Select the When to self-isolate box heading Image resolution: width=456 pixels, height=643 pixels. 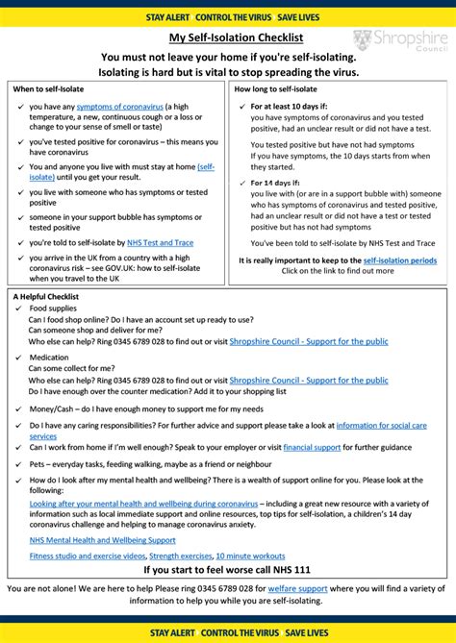48,88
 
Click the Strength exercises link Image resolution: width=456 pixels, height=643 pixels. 180,556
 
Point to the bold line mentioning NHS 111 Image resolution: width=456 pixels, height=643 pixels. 227,570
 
